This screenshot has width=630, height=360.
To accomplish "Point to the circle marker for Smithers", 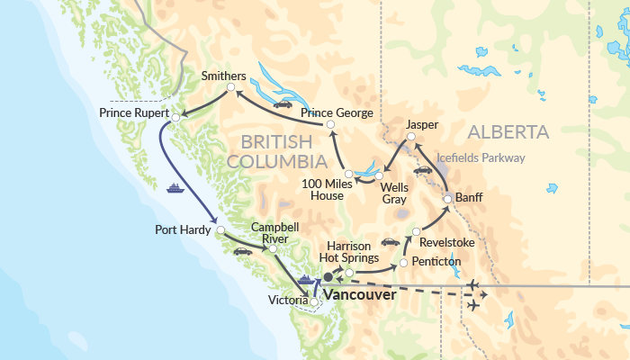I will [x=232, y=88].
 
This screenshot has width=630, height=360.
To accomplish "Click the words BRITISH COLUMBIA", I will [x=274, y=151].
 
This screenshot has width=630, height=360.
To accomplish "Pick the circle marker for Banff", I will [x=447, y=198].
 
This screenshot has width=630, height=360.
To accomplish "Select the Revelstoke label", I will [x=447, y=241].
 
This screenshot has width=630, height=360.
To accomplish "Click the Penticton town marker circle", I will [x=403, y=262].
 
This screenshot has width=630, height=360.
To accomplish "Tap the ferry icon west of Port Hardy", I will [x=174, y=189].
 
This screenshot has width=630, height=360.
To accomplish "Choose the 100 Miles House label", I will [x=321, y=189].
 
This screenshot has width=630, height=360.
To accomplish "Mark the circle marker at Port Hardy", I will [x=220, y=230].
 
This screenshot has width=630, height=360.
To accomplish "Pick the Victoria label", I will [x=286, y=301].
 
